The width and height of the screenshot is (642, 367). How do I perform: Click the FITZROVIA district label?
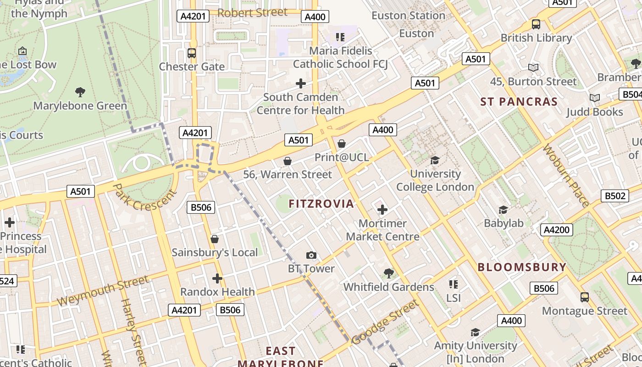tap(321, 204)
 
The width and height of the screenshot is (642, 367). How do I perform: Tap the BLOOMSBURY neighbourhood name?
tap(522, 267)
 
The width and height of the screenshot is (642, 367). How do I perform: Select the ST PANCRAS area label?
tap(519, 102)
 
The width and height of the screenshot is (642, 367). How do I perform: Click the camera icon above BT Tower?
tap(311, 256)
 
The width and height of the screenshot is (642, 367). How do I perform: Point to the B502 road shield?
tap(614, 196)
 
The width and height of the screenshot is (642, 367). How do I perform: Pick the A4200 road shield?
tap(557, 230)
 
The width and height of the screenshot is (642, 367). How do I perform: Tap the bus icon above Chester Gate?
tap(192, 53)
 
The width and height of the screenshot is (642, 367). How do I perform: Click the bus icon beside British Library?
tap(536, 24)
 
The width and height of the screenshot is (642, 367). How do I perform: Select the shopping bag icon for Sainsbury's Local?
tap(214, 239)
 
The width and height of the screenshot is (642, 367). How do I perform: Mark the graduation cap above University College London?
tap(435, 160)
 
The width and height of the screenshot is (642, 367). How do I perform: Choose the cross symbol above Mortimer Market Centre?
tap(382, 210)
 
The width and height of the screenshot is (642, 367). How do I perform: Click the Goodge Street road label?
tap(385, 322)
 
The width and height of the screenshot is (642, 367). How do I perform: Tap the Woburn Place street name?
tap(566, 175)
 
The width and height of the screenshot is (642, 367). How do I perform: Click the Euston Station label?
tap(408, 16)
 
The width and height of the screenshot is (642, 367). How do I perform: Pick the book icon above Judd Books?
tap(594, 98)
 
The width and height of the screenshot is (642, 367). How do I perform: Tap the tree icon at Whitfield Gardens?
tap(388, 273)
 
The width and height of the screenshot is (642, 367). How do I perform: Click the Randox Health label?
tap(217, 292)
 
